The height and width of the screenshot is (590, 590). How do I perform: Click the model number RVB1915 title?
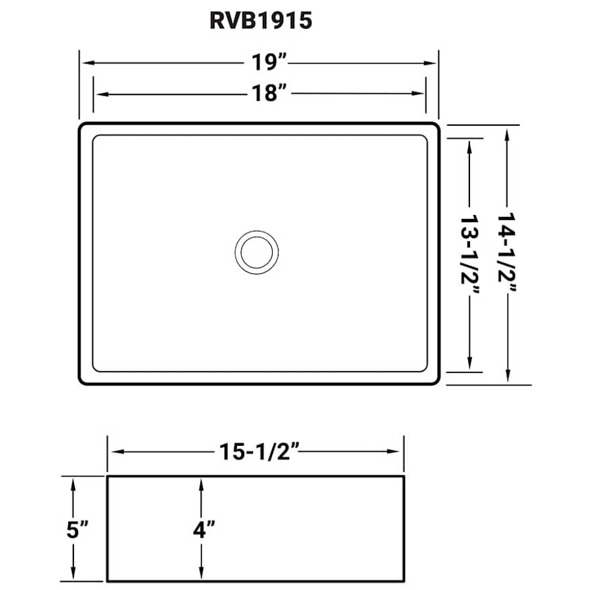click(x=260, y=22)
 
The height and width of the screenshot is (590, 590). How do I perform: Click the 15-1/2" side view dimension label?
click(x=256, y=451)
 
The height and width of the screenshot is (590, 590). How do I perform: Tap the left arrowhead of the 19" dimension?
click(x=85, y=64)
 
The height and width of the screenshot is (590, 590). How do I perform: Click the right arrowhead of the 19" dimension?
click(x=433, y=64)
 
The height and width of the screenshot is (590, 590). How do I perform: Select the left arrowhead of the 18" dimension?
click(x=98, y=94)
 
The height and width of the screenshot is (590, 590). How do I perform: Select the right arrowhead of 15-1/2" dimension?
click(x=398, y=451)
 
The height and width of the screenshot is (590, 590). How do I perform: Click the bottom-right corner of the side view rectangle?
click(x=403, y=580)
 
